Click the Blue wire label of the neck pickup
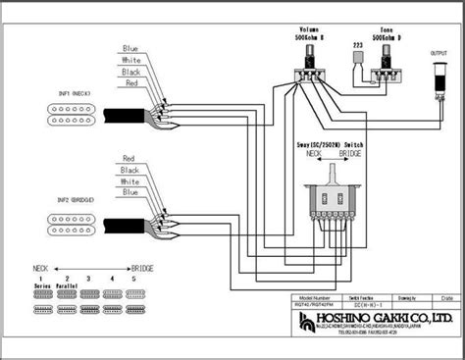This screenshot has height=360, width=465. point(130,47)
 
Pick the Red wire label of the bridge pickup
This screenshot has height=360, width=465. point(129,157)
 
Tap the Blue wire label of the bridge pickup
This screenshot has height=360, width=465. point(129,193)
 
